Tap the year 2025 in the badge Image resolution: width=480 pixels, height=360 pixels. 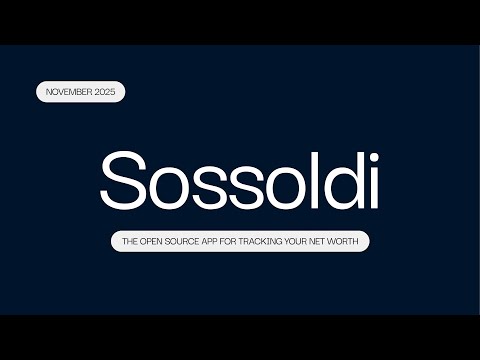pos(106,92)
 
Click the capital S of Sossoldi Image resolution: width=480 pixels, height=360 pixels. pos(125,180)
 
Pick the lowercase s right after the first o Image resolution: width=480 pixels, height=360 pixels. pos(208,186)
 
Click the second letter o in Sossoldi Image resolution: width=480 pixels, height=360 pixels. pos(280,186)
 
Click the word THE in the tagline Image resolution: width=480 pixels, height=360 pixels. pos(130,241)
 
